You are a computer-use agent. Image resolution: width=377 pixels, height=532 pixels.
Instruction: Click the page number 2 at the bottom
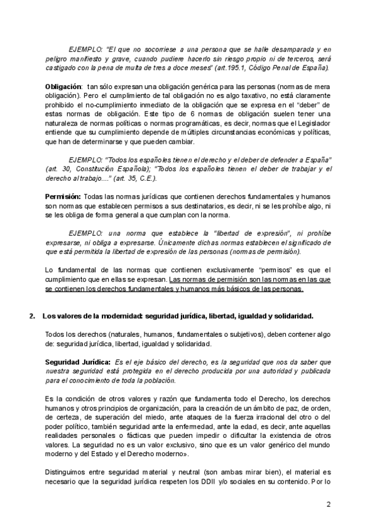coord(328,503)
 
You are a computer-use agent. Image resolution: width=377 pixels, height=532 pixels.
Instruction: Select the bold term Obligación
coord(63,85)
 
